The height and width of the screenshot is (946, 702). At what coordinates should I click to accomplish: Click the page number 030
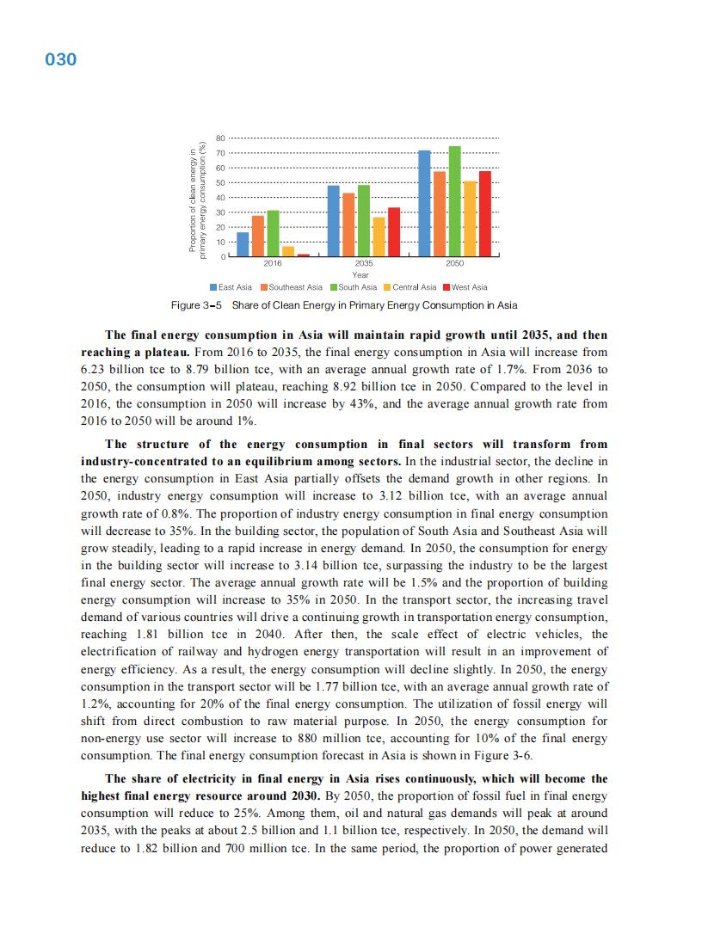tap(61, 59)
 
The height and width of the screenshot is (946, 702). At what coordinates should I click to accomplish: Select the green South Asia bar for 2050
tap(455, 202)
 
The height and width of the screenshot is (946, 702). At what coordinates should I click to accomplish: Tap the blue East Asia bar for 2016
tap(243, 245)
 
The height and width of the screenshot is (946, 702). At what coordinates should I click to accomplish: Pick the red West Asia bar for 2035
tap(394, 232)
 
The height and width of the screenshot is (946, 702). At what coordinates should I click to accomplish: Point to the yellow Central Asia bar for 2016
tap(288, 252)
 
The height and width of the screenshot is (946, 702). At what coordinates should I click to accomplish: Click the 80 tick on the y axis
tap(220, 138)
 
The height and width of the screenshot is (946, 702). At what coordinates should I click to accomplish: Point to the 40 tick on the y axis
tap(220, 198)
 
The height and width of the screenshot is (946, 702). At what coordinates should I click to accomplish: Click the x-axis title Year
tap(360, 275)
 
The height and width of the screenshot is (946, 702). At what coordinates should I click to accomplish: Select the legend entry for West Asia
tap(465, 287)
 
